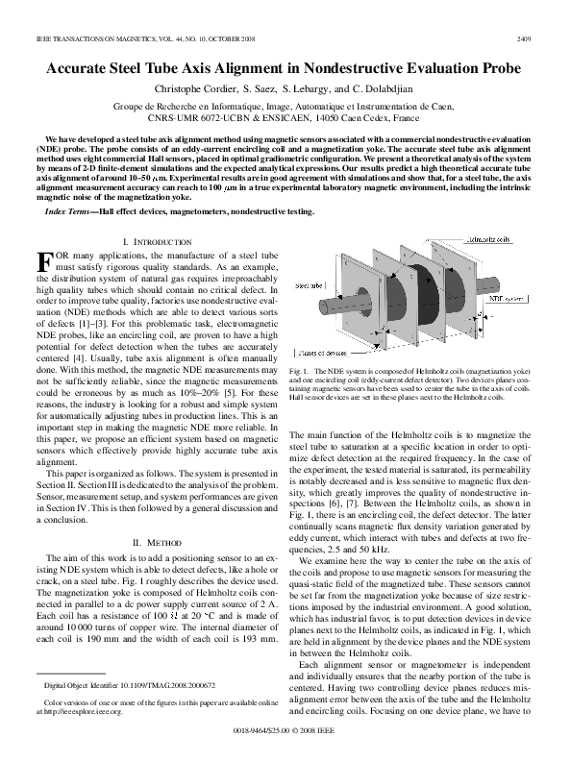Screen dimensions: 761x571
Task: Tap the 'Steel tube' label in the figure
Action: pyautogui.click(x=310, y=286)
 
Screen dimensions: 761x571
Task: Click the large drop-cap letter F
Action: pyautogui.click(x=42, y=261)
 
